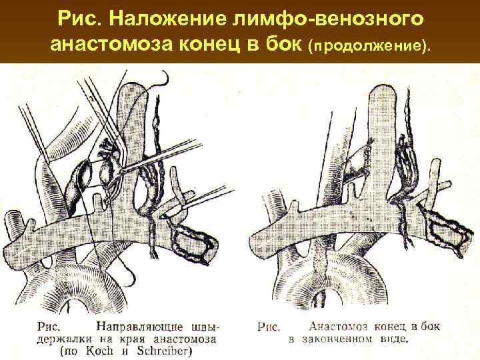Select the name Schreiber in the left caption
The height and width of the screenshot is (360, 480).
[156, 349]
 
